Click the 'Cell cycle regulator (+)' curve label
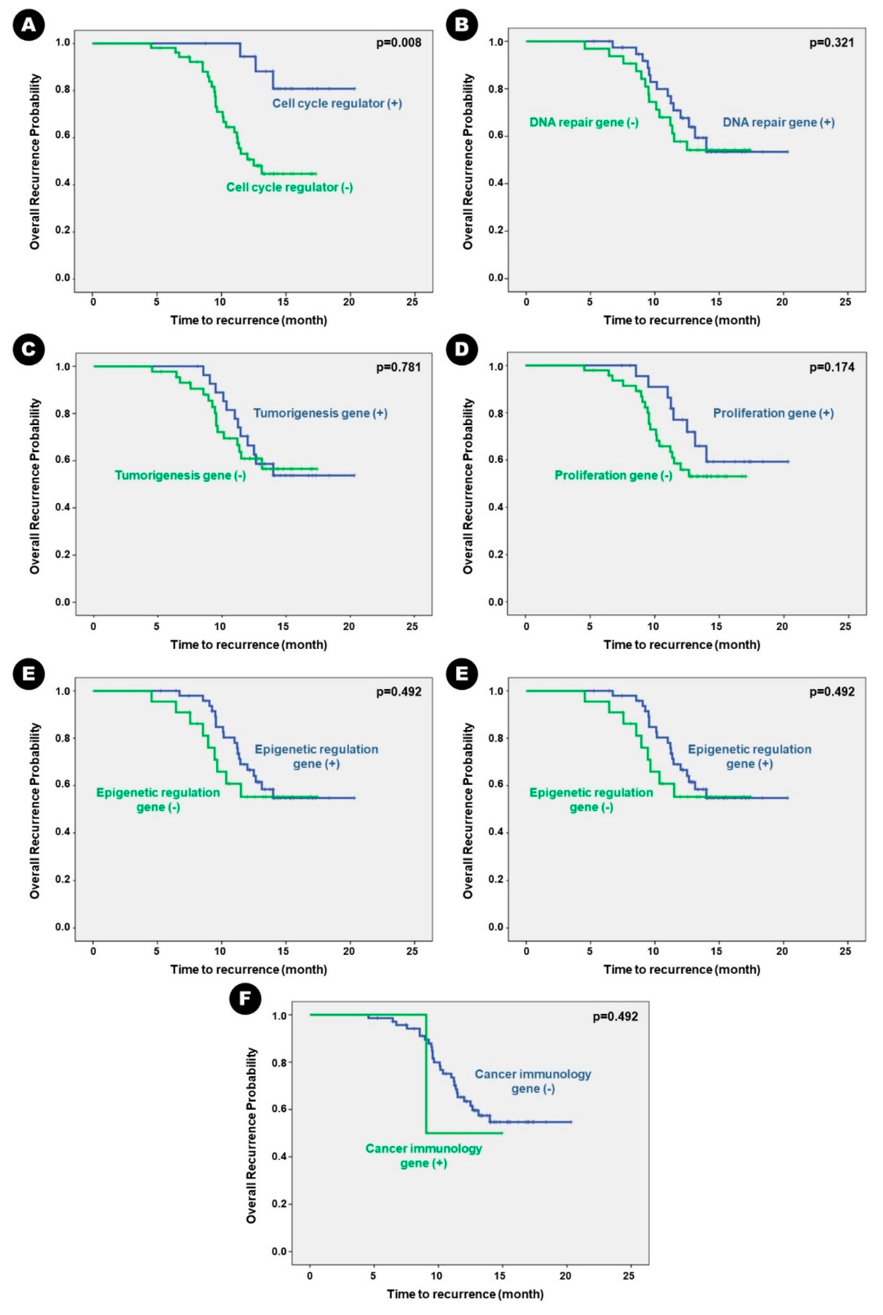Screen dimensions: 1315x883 pos(337,104)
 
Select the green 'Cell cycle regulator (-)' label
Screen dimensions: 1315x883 pos(290,188)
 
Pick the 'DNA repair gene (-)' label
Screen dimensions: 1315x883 pos(584,123)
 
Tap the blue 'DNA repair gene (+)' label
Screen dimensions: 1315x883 pos(778,123)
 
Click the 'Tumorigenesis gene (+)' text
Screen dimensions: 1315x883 pos(320,413)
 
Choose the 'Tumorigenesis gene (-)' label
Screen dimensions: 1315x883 pos(180,476)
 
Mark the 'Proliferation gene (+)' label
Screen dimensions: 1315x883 pos(773,413)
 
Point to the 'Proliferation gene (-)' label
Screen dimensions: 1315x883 pos(613,476)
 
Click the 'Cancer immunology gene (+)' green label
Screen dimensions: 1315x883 pos(424,1156)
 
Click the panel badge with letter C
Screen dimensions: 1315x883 pos(29,349)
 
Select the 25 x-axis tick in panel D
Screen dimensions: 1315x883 pos(845,626)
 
